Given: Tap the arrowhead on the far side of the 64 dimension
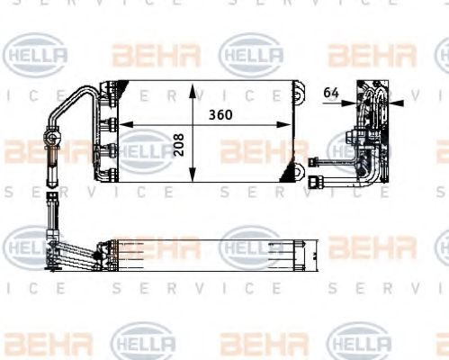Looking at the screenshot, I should tap(393, 102).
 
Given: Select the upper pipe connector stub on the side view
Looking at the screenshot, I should tap(322, 162).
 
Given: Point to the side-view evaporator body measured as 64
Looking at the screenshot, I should tap(371, 135).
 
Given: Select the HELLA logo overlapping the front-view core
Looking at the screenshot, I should tap(144, 150).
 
